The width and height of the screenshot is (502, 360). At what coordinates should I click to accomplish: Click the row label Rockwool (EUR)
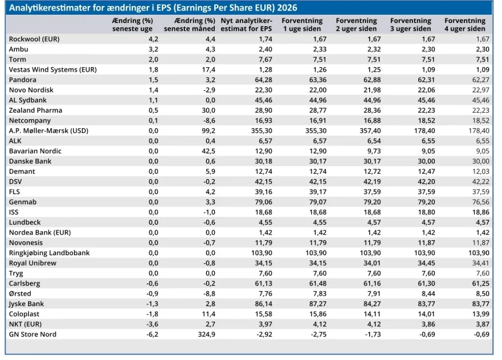(x=34, y=39)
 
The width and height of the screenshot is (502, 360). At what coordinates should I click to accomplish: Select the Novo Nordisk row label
(x=31, y=90)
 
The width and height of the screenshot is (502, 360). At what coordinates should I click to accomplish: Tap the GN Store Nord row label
(x=33, y=335)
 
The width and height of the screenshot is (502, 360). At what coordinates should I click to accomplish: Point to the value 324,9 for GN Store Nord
(x=206, y=335)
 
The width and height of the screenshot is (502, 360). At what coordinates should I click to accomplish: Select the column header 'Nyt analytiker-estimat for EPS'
(x=246, y=24)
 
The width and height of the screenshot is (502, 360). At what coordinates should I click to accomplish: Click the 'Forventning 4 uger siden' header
(x=465, y=24)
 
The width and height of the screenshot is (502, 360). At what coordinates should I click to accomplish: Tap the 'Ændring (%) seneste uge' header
(x=132, y=24)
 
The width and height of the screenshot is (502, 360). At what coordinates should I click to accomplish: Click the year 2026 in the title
(x=287, y=8)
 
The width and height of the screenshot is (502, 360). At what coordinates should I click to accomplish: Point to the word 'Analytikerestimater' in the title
(x=48, y=8)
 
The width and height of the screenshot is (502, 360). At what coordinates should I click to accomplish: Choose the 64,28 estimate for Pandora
(x=263, y=80)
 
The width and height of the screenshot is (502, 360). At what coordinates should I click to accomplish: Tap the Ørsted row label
(x=20, y=293)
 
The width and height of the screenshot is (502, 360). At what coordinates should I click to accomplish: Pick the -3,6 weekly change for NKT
(x=152, y=324)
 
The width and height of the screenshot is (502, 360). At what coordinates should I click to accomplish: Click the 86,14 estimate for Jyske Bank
(x=263, y=304)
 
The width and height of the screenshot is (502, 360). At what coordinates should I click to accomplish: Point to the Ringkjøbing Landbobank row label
(x=50, y=253)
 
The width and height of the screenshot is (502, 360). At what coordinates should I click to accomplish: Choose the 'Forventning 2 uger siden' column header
(x=356, y=24)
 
